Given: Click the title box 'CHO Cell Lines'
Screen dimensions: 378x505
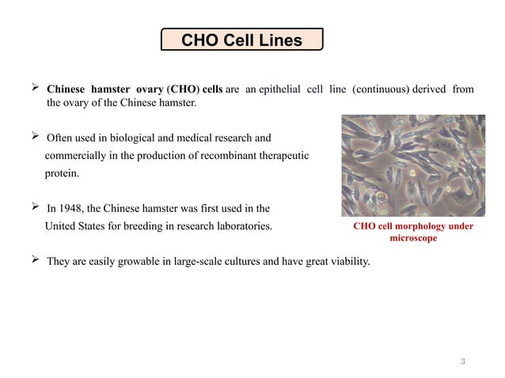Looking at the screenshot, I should (241, 39).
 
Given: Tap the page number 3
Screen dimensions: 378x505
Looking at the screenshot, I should (463, 362).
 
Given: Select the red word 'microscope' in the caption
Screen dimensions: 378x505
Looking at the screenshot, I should (407, 238).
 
